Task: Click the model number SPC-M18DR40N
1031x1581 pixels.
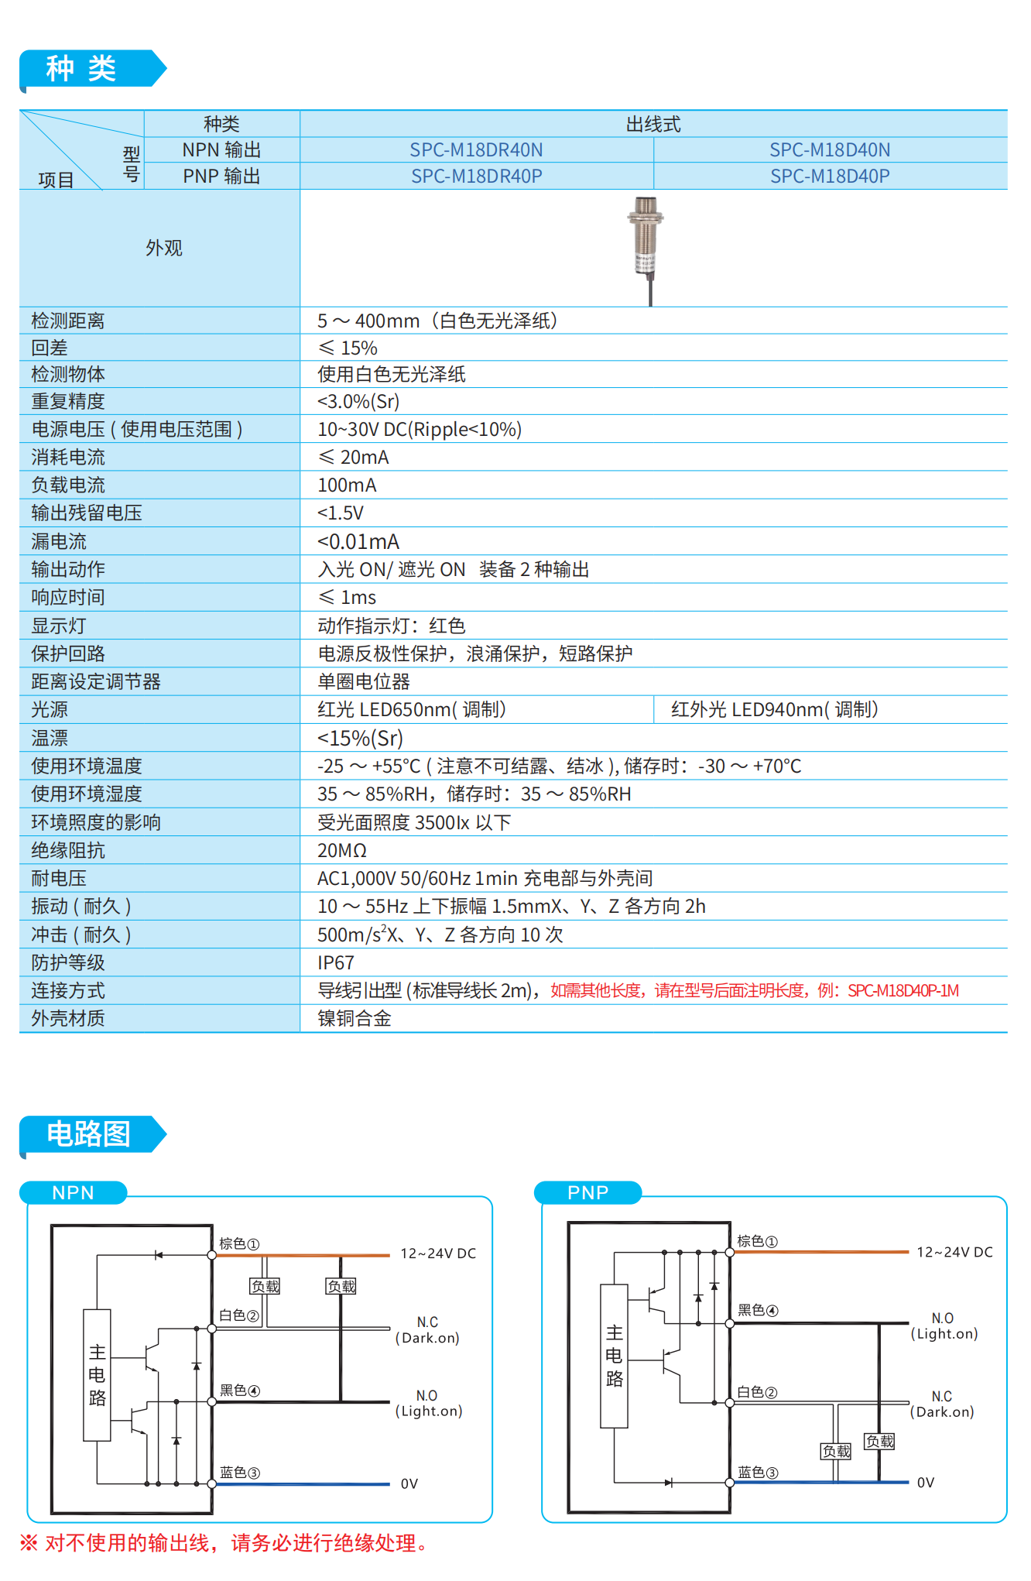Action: (476, 150)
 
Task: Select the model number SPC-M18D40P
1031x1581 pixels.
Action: (830, 177)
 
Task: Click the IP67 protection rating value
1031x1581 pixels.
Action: (336, 963)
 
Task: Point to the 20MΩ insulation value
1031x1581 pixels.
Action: (341, 851)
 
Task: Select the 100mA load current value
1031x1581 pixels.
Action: (347, 485)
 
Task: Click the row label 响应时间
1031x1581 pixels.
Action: (68, 598)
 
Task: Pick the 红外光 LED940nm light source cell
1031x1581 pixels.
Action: (774, 710)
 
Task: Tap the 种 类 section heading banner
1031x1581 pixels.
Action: (82, 69)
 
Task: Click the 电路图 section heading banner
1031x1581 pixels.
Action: (88, 1134)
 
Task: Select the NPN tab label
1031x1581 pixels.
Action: (74, 1193)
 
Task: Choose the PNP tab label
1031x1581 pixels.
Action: (588, 1193)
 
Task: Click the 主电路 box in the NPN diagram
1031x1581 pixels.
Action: (98, 1375)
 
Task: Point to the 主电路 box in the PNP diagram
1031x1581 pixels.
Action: (615, 1356)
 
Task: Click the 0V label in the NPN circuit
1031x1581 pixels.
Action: (409, 1484)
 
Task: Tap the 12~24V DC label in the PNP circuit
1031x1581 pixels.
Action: (954, 1253)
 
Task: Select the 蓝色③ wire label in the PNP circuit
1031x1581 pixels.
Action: (758, 1473)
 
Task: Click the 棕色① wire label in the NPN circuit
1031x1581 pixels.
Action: (239, 1244)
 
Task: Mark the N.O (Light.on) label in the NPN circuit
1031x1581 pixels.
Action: (428, 1404)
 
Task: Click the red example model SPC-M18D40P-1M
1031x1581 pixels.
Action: (903, 991)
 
